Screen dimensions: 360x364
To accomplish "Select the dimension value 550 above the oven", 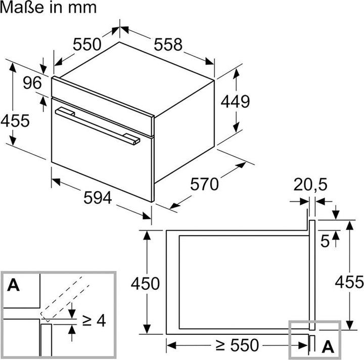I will (87, 44).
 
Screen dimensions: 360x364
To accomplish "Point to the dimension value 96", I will (31, 83).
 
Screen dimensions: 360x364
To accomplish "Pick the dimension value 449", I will (235, 101).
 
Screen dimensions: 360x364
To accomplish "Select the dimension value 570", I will (205, 184).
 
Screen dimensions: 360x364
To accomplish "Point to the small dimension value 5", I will (325, 241).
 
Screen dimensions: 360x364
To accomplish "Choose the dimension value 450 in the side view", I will (145, 283).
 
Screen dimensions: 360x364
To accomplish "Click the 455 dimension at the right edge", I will (349, 282).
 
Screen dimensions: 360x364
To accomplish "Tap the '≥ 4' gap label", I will (94, 320).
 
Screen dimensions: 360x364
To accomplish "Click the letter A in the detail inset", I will (14, 285).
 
